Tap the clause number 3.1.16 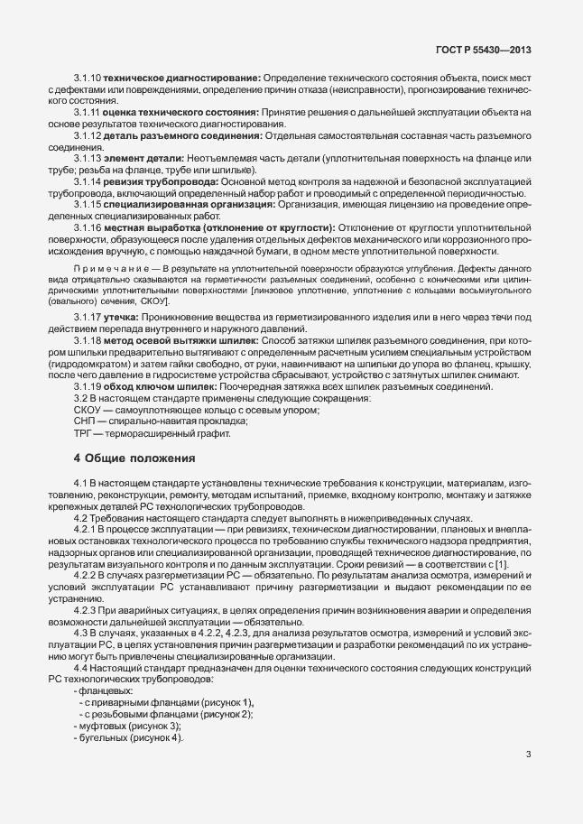[88, 227]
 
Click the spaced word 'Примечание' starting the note [103, 270]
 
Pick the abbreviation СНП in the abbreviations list [86, 421]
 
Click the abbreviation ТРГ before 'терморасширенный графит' [85, 432]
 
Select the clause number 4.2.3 [87, 610]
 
